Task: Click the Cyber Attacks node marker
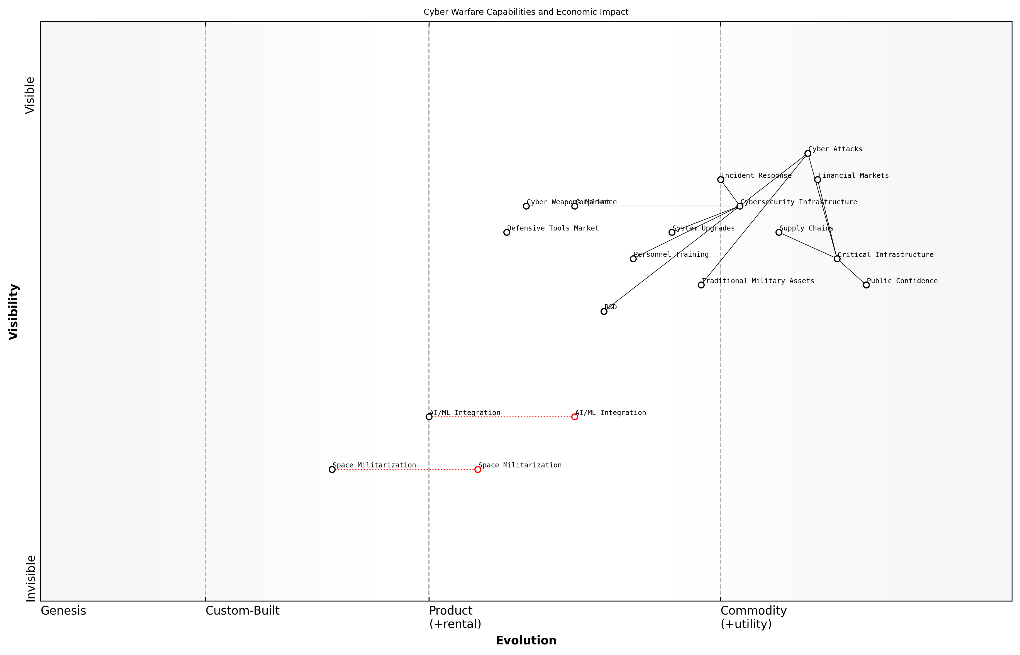[x=807, y=154]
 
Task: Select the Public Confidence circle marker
[x=866, y=285]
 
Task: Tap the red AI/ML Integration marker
[x=575, y=417]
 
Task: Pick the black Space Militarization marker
[x=332, y=470]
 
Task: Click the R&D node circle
[x=604, y=311]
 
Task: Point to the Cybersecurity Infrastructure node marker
[x=740, y=206]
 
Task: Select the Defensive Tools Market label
[x=553, y=228]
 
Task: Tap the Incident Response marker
[x=720, y=179]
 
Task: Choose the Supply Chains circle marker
[x=779, y=232]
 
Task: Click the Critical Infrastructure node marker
[x=837, y=259]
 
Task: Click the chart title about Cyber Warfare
[x=526, y=12]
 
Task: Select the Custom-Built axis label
[x=242, y=611]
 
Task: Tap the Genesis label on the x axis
[x=63, y=611]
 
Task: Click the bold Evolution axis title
[x=526, y=641]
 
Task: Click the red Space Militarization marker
[x=478, y=470]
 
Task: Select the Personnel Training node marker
[x=633, y=259]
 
